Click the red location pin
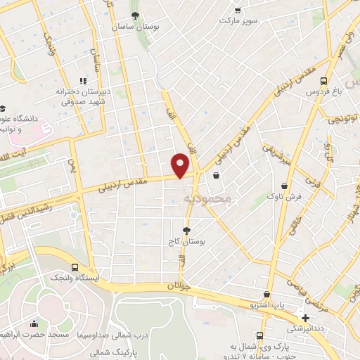click(181, 164)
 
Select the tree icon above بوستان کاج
click(186, 230)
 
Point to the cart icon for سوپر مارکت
click(238, 10)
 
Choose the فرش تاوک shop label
click(284, 198)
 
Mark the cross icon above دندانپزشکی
click(305, 317)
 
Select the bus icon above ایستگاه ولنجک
click(75, 267)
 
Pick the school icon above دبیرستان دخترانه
click(83, 81)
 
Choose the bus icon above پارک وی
click(260, 335)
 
